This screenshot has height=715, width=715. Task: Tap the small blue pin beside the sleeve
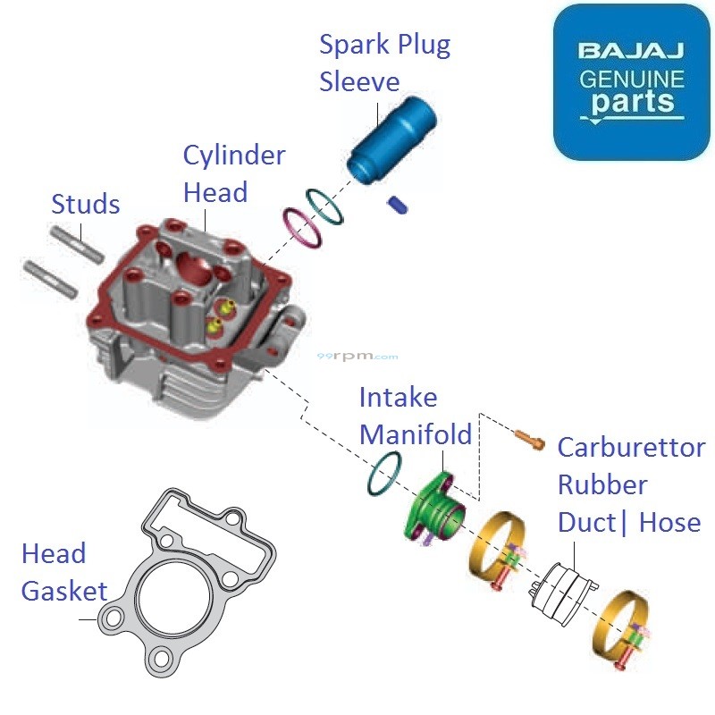pyautogui.click(x=397, y=206)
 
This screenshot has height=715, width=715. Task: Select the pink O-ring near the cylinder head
pyautogui.click(x=301, y=227)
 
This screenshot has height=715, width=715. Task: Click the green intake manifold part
pyautogui.click(x=437, y=511)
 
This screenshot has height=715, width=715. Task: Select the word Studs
pyautogui.click(x=85, y=205)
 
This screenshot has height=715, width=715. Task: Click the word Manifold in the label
pyautogui.click(x=415, y=434)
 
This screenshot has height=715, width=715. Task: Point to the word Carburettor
pyautogui.click(x=630, y=448)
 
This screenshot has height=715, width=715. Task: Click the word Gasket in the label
pyautogui.click(x=63, y=591)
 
